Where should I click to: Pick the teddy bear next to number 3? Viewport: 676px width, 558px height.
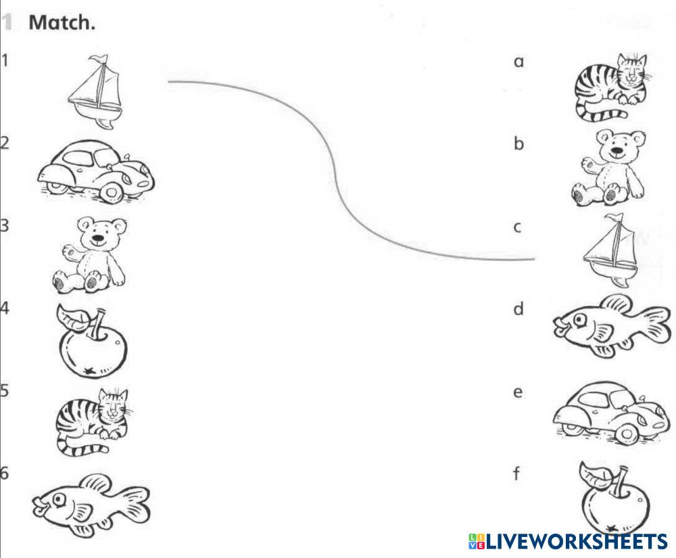pos(91,253)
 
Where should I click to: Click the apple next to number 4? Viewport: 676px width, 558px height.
pos(91,341)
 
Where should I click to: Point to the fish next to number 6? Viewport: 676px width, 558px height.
pos(92,504)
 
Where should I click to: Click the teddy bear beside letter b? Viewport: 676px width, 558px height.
pos(609,169)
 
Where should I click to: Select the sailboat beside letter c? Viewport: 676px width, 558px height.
pos(612,251)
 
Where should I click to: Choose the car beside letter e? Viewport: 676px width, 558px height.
pos(612,412)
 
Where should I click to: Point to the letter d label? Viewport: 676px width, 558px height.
pos(518,310)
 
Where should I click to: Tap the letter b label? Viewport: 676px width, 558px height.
pos(518,144)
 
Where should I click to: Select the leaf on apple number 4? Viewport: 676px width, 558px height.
pos(72,317)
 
